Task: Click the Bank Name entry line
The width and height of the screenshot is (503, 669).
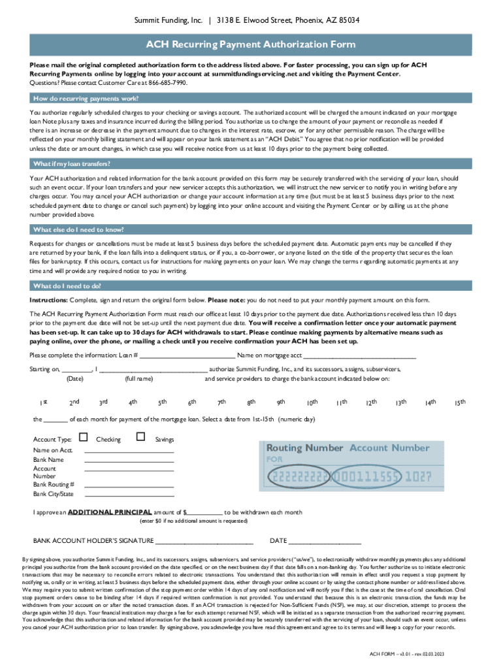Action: (129, 461)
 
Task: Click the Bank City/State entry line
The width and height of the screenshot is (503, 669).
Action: (129, 495)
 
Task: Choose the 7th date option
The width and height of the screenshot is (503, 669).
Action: (221, 402)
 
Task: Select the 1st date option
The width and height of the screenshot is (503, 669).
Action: (42, 402)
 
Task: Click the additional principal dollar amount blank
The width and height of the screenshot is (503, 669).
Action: (205, 514)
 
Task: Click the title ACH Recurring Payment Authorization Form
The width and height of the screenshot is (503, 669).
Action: (251, 44)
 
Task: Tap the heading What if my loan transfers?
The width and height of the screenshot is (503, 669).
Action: (72, 163)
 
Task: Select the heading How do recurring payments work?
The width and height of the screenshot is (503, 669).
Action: (86, 99)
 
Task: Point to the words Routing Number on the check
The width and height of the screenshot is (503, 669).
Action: (304, 448)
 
